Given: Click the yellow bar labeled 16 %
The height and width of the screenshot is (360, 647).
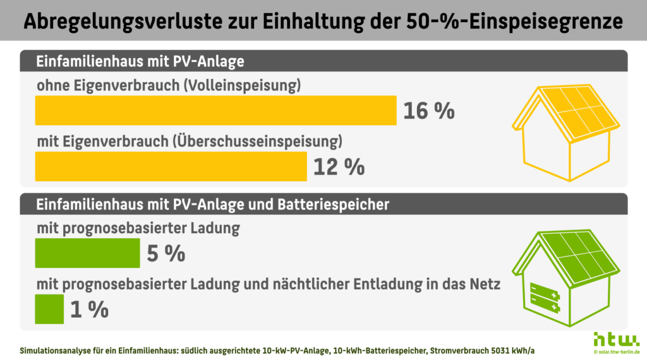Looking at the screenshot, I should pyautogui.click(x=215, y=111).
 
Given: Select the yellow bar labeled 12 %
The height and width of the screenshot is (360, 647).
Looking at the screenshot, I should pyautogui.click(x=171, y=166).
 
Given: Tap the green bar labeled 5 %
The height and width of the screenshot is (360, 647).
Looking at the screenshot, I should pyautogui.click(x=87, y=253).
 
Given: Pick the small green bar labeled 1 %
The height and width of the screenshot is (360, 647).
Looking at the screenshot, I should pyautogui.click(x=49, y=309).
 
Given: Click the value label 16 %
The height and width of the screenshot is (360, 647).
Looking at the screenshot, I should pyautogui.click(x=428, y=111).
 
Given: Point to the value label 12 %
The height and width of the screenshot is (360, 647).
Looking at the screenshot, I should pyautogui.click(x=339, y=167).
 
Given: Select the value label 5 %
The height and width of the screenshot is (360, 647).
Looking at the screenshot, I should pyautogui.click(x=166, y=254).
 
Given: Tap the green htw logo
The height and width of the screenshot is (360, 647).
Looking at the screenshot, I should pyautogui.click(x=615, y=338).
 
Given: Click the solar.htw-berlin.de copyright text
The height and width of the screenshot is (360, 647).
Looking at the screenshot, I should pyautogui.click(x=615, y=351).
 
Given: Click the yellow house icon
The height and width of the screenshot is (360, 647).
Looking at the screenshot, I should pyautogui.click(x=565, y=132).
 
